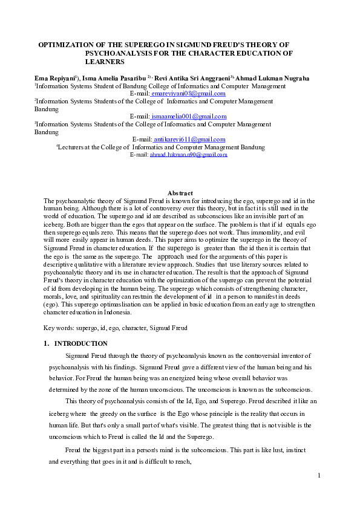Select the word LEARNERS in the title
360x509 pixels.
(105, 62)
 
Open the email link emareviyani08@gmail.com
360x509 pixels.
(188, 94)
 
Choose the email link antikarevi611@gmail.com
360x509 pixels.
(189, 139)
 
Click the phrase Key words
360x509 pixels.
(59, 328)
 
